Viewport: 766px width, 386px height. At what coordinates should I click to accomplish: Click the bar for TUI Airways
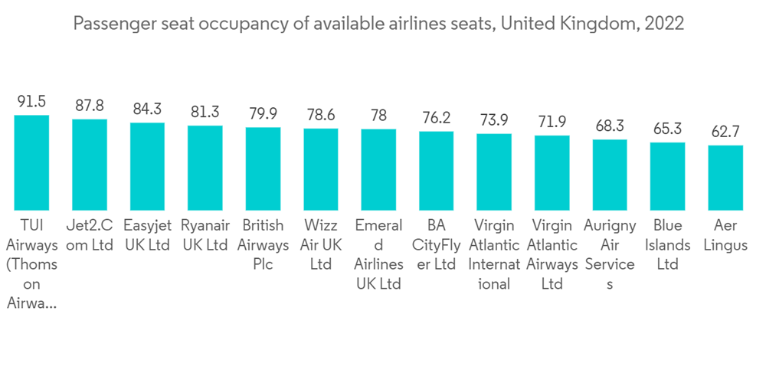[x=31, y=163]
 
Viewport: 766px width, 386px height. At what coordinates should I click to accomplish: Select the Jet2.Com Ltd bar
[x=90, y=165]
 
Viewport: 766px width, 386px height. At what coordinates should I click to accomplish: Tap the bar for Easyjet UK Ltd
[x=147, y=167]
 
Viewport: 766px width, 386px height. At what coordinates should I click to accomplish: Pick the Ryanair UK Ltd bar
[x=205, y=168]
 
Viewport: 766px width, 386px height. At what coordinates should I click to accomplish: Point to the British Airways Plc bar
[x=263, y=169]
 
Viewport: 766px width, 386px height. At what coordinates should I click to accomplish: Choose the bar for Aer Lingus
[x=725, y=178]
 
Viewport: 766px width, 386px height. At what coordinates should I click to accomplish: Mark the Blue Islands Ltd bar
[x=667, y=176]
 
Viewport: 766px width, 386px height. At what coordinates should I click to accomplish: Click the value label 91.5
[x=31, y=101]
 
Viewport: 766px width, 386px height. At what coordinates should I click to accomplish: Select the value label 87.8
[x=90, y=106]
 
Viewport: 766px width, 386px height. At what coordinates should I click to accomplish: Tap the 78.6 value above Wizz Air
[x=321, y=115]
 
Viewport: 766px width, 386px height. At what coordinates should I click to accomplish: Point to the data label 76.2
[x=437, y=118]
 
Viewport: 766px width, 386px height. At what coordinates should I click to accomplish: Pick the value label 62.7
[x=725, y=132]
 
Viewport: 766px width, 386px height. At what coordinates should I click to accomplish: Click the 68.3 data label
[x=610, y=126]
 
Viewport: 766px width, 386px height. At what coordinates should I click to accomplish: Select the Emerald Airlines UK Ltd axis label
[x=378, y=254]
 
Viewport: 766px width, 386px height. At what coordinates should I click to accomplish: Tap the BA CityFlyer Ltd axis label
[x=437, y=245]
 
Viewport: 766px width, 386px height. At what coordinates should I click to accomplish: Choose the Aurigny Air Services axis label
[x=610, y=254]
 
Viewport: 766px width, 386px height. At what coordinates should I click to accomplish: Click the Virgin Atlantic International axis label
[x=494, y=254]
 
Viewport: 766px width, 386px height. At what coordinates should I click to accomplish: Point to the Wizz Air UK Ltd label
[x=321, y=245]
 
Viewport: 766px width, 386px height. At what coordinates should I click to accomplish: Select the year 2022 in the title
[x=664, y=25]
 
